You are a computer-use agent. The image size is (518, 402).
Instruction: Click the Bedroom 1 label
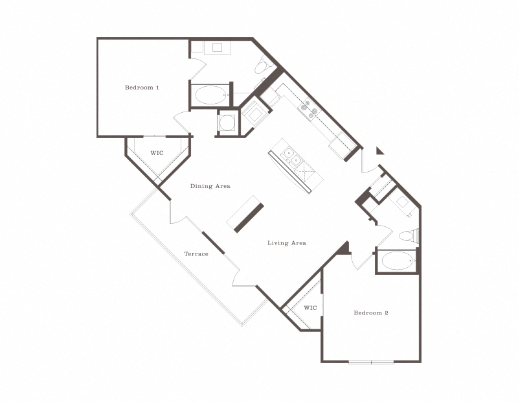tap(142, 87)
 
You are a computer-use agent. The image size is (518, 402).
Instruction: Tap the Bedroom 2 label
tap(371, 313)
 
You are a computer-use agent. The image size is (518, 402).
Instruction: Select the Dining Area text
tap(210, 186)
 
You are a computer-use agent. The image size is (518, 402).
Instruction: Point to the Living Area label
tap(287, 243)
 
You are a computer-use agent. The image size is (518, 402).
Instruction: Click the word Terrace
tap(196, 254)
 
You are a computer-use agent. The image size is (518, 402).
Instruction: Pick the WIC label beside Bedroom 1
tap(157, 154)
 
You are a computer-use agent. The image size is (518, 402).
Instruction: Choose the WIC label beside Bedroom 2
tap(310, 308)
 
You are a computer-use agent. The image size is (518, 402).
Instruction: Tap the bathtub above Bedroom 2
tap(396, 261)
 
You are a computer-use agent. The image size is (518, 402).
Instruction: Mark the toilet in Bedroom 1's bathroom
tap(262, 66)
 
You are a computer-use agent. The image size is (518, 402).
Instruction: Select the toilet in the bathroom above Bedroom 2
tap(409, 235)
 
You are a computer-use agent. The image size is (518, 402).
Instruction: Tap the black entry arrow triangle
tap(379, 151)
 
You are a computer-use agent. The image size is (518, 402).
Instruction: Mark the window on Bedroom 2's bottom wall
tap(371, 361)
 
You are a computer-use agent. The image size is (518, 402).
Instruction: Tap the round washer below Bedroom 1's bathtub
tap(227, 122)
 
